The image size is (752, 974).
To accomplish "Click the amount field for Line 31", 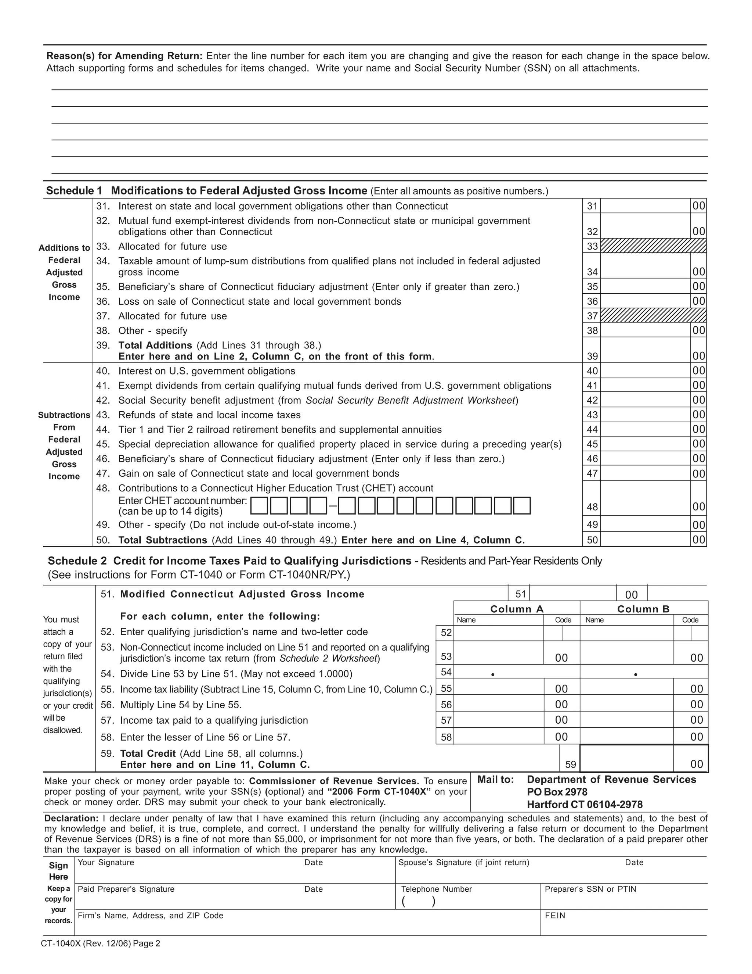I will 645,206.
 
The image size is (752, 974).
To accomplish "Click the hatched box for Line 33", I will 653,246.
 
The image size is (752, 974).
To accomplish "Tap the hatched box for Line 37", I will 653,316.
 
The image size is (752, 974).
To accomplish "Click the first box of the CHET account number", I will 259,506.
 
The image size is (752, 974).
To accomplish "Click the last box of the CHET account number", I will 522,506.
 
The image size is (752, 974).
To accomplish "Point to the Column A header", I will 517,609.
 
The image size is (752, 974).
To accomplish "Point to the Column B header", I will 643,609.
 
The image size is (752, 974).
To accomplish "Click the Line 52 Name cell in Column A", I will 498,633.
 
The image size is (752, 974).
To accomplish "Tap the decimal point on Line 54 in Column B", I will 636,675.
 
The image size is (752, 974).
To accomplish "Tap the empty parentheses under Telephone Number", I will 418,901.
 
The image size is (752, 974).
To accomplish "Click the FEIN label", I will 555,916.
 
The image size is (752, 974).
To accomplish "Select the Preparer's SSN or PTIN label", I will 590,889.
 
